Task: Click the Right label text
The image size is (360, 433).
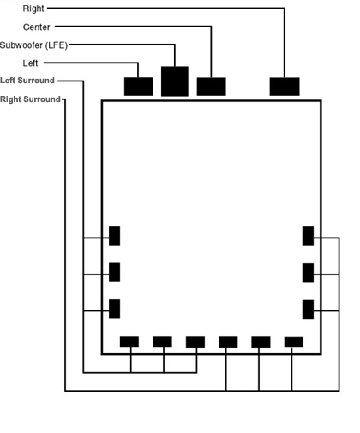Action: tap(33, 9)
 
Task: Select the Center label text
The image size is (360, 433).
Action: tap(37, 27)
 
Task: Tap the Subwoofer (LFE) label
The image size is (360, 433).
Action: tap(33, 45)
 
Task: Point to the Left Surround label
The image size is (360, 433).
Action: tap(27, 81)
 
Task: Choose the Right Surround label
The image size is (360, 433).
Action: tap(30, 99)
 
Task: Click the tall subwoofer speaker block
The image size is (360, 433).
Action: tap(175, 81)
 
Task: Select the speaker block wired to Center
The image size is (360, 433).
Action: tap(211, 87)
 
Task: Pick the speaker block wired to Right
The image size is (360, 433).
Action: tap(285, 87)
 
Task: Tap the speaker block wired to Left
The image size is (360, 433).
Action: tap(138, 87)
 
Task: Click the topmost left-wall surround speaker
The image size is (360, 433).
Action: tap(114, 236)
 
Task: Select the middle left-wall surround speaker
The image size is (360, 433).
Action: tap(114, 273)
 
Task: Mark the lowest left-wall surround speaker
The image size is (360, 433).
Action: tap(114, 309)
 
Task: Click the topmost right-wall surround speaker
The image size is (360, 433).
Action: tap(308, 236)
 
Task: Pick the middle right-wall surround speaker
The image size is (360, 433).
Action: tap(308, 273)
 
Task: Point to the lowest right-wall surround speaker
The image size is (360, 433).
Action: tap(308, 310)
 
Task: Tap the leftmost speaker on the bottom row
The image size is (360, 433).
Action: tap(129, 342)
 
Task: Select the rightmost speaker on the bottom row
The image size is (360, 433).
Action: tap(294, 342)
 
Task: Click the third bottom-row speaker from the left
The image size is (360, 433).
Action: tap(195, 342)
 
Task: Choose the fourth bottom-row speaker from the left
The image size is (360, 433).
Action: tap(228, 342)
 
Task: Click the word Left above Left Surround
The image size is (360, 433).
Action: tap(30, 63)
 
